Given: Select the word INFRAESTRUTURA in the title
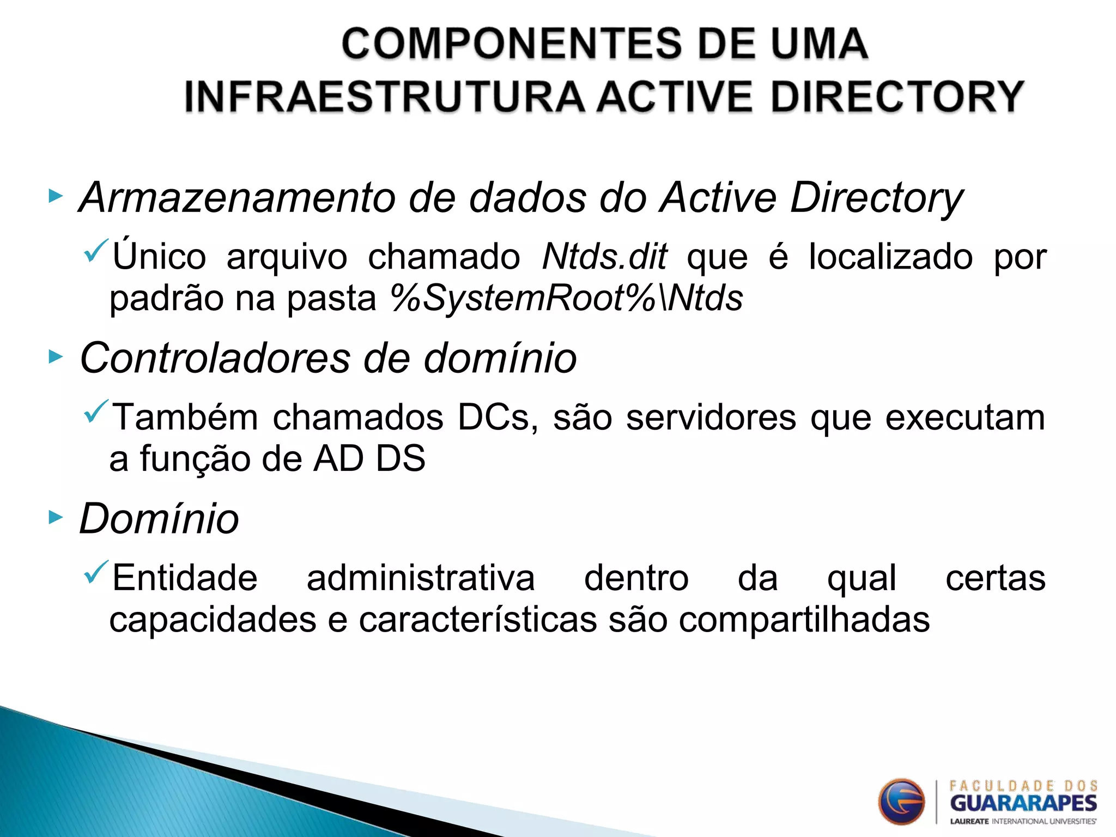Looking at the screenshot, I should coord(384,96).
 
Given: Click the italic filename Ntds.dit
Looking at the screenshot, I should coord(604,256).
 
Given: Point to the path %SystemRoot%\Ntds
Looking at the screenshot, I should coord(567,298).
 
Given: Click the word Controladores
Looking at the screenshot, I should coord(215,358).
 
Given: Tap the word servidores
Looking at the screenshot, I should coord(711,417).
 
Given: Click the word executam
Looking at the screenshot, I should coord(965,417).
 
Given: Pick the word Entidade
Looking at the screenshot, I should coord(185,578).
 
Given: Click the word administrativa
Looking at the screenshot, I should coord(421,578).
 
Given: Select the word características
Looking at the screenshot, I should coord(478,620).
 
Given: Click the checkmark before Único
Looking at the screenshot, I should coord(96,250).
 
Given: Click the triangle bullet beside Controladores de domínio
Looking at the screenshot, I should coord(56,357).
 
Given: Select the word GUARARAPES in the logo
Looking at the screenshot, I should coord(1023,803).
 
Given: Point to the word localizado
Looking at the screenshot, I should coord(890,256).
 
